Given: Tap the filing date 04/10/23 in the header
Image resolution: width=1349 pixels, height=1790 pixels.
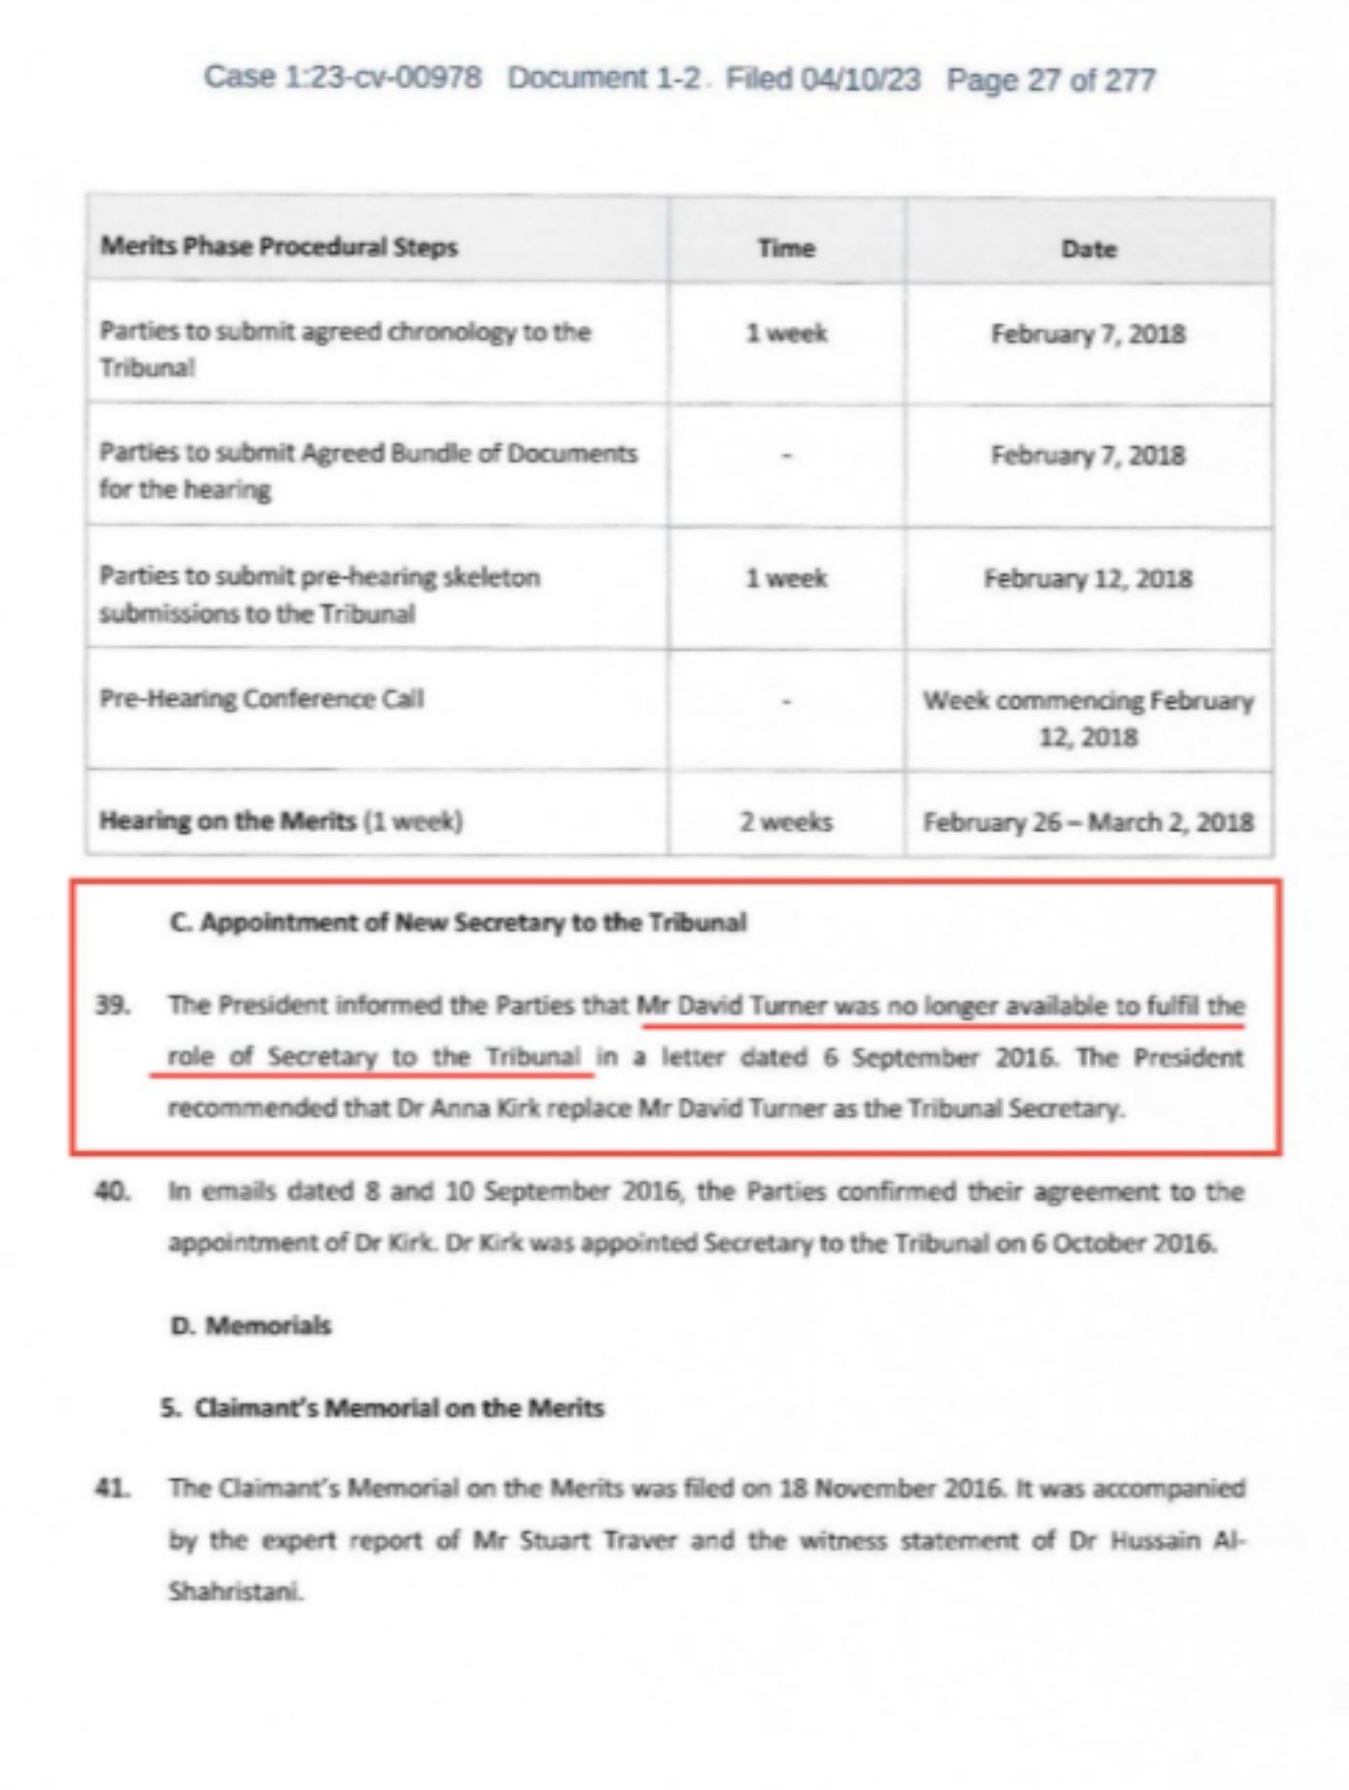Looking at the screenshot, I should click(859, 79).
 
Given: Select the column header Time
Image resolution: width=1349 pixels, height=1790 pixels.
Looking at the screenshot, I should click(785, 248).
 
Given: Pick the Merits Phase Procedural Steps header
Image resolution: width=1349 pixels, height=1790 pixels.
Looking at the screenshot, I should click(279, 247).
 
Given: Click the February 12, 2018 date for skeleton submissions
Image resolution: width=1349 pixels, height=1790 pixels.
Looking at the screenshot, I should click(1088, 579).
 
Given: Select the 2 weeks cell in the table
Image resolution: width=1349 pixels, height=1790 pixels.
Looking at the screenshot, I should click(785, 822).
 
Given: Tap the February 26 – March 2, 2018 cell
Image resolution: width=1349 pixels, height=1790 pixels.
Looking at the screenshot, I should click(1088, 823).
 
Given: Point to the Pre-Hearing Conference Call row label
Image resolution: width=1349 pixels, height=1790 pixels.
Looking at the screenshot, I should click(260, 699).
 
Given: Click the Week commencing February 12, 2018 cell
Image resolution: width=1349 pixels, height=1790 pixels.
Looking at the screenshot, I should click(1088, 719).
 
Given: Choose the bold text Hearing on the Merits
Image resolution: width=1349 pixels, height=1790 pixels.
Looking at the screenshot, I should click(228, 821).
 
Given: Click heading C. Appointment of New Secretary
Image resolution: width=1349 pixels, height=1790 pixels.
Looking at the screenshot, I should click(458, 923).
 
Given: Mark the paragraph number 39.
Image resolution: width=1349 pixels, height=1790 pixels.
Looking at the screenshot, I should click(113, 1006).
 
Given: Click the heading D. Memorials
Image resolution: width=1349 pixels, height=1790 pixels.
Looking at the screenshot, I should click(251, 1326).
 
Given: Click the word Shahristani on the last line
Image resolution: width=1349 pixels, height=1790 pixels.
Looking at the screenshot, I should click(236, 1592).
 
